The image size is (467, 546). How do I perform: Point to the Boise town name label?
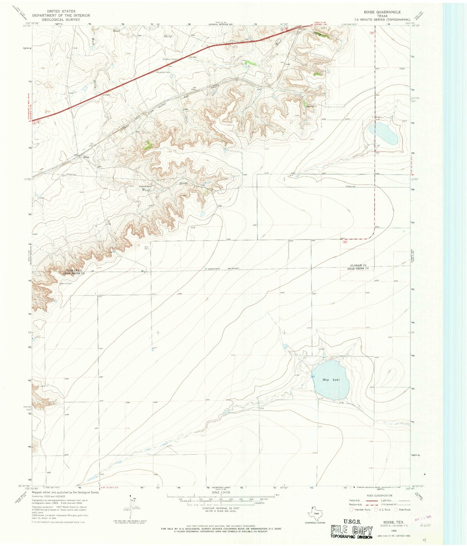point(86,157)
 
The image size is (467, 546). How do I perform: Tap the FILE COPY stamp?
point(351,530)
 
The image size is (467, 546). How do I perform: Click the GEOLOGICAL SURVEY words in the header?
point(61,19)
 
